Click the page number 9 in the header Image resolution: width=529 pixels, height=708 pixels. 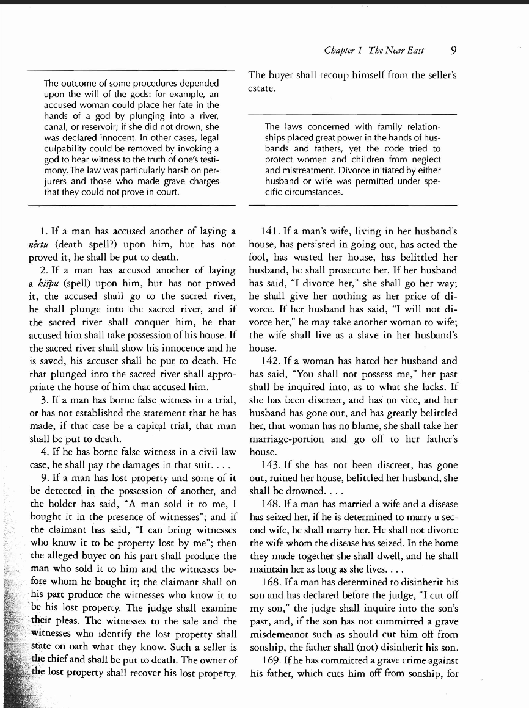click(452, 50)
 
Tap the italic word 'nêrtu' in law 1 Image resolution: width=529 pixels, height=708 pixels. click(41, 244)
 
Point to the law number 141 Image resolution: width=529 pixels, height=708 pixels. click(270, 231)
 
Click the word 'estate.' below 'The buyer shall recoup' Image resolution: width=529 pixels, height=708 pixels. click(263, 88)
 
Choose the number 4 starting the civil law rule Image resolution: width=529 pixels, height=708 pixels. click(43, 452)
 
